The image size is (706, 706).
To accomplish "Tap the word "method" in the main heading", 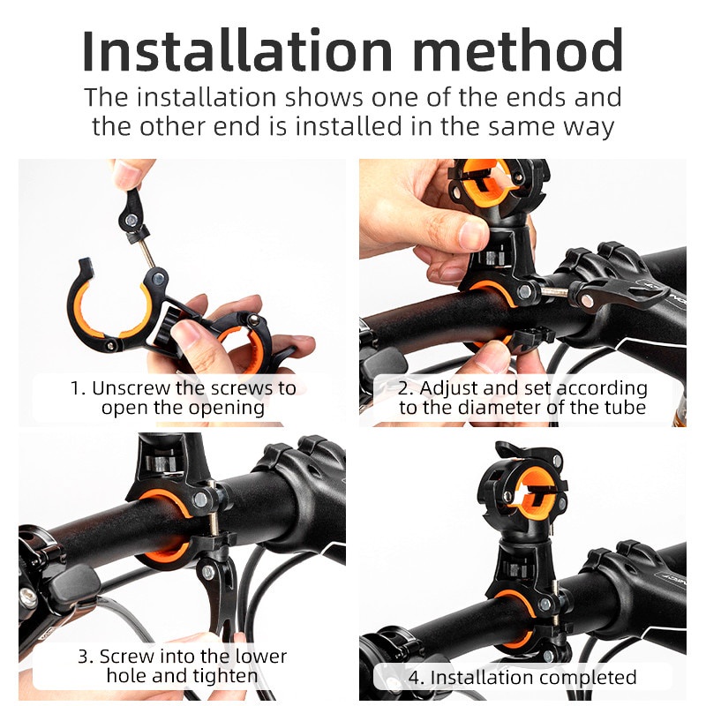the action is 518,50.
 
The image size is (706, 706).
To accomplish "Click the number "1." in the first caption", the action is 78,388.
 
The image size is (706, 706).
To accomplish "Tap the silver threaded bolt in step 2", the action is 554,291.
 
